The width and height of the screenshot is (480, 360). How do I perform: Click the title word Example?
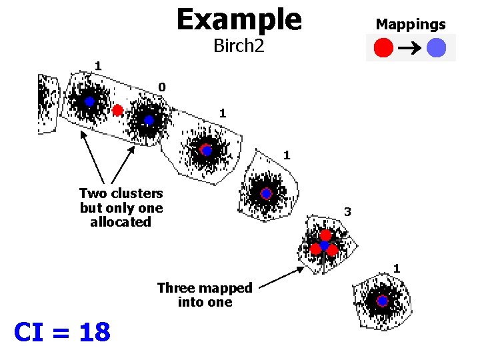pyautogui.click(x=239, y=19)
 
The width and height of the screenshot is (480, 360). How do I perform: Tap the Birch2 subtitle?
pyautogui.click(x=239, y=45)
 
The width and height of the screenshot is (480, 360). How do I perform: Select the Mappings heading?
pyautogui.click(x=411, y=25)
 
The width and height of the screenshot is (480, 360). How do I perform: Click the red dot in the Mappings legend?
pyautogui.click(x=383, y=48)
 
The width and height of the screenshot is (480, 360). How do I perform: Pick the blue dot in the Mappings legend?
pyautogui.click(x=437, y=48)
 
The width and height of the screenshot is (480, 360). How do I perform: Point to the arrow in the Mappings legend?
pyautogui.click(x=410, y=48)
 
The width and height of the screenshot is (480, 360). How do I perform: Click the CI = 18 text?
pyautogui.click(x=62, y=331)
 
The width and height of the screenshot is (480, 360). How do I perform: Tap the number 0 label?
pyautogui.click(x=162, y=87)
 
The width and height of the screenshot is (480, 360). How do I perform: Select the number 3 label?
pyautogui.click(x=347, y=212)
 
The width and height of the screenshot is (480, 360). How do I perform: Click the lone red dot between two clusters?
pyautogui.click(x=118, y=110)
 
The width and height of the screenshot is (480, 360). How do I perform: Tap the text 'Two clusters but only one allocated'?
pyautogui.click(x=121, y=207)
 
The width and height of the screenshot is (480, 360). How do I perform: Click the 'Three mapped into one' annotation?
pyautogui.click(x=205, y=295)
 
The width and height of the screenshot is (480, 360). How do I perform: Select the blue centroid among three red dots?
pyautogui.click(x=325, y=246)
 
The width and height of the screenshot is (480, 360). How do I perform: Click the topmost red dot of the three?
pyautogui.click(x=325, y=235)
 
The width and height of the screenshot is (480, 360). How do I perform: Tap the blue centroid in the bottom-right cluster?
pyautogui.click(x=382, y=301)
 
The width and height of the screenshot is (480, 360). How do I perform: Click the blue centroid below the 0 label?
pyautogui.click(x=149, y=120)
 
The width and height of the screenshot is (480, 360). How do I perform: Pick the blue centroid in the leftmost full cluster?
pyautogui.click(x=90, y=102)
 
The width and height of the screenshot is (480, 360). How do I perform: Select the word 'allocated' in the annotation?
pyautogui.click(x=121, y=222)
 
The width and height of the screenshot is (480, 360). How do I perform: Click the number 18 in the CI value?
pyautogui.click(x=95, y=331)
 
